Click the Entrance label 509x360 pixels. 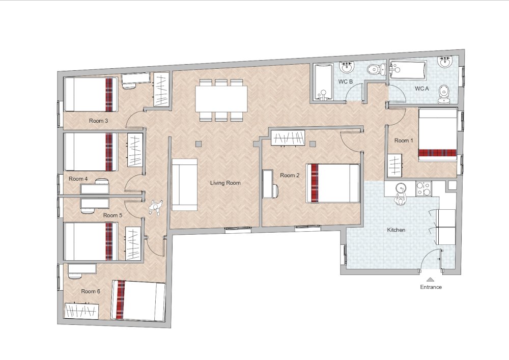(431, 287)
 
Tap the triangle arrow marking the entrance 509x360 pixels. (431, 279)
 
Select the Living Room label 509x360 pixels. (225, 183)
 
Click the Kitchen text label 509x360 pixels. (396, 230)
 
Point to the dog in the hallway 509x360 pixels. (156, 207)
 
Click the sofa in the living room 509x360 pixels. (184, 185)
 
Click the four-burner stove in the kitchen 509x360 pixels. (424, 188)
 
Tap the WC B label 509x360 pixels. (346, 81)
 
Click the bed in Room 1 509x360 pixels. (438, 135)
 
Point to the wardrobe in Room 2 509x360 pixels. (288, 138)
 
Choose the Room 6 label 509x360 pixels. (91, 291)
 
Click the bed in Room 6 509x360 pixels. (138, 300)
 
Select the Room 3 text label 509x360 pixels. (98, 121)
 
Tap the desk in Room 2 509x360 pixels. (268, 184)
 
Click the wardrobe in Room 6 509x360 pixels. (81, 311)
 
